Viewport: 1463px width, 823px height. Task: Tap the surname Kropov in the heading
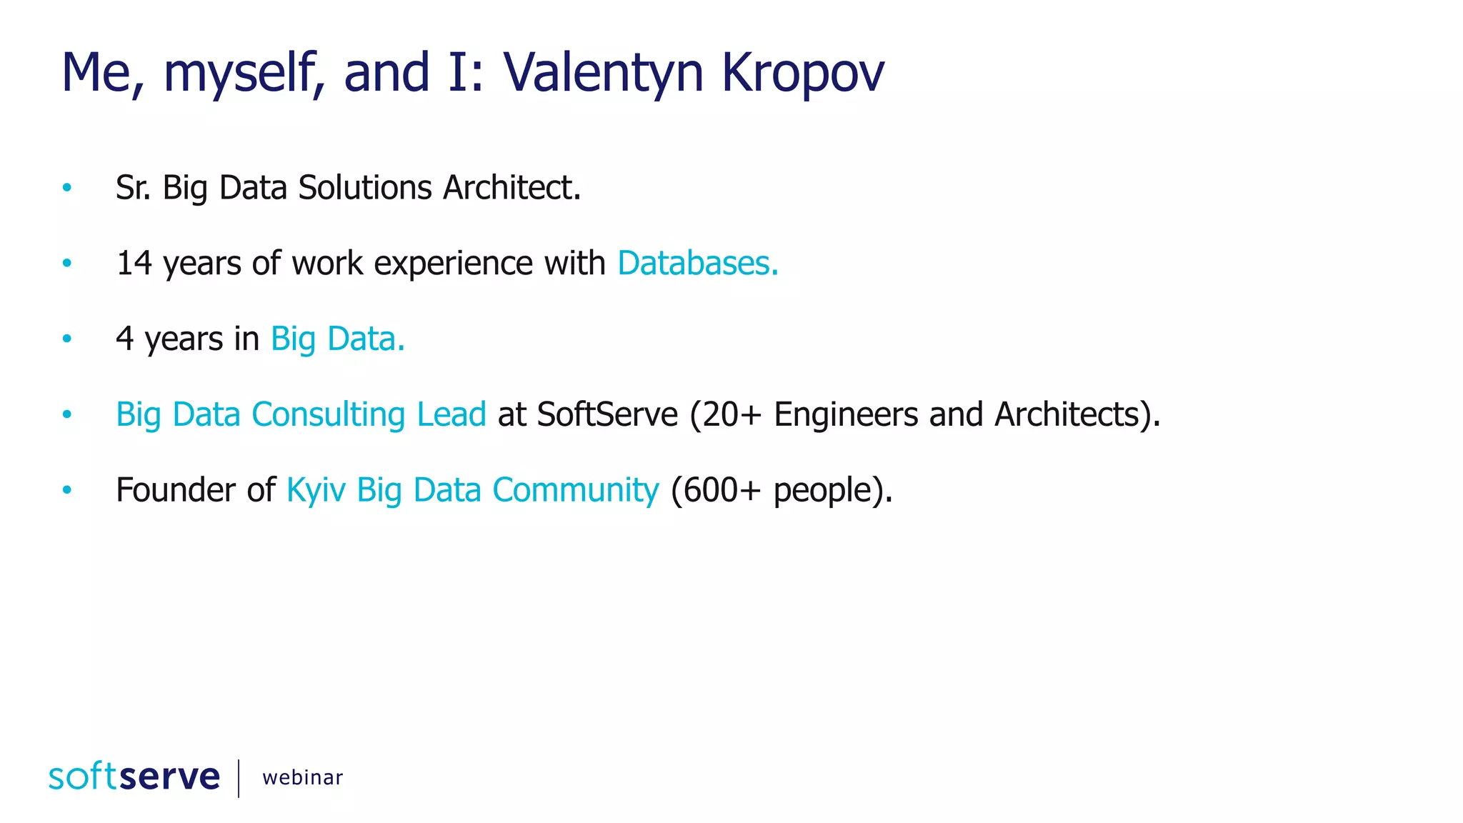pyautogui.click(x=802, y=73)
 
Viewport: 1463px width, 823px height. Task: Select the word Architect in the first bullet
pyautogui.click(x=511, y=188)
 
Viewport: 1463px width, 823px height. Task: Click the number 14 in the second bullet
pyautogui.click(x=134, y=263)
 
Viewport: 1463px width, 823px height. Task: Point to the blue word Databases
pyautogui.click(x=697, y=263)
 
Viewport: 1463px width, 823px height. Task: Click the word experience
pyautogui.click(x=453, y=263)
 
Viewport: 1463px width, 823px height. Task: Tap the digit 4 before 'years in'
pyautogui.click(x=124, y=339)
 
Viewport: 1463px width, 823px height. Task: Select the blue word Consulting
pyautogui.click(x=329, y=414)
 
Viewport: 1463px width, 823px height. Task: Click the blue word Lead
pyautogui.click(x=451, y=414)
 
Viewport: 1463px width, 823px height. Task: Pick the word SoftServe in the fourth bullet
pyautogui.click(x=607, y=414)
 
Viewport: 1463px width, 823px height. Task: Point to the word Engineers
pyautogui.click(x=846, y=414)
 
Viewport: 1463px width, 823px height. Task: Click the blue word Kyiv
pyautogui.click(x=316, y=490)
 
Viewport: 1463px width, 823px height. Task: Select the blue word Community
pyautogui.click(x=576, y=490)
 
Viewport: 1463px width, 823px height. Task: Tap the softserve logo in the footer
pyautogui.click(x=134, y=777)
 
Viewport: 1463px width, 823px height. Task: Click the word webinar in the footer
pyautogui.click(x=303, y=777)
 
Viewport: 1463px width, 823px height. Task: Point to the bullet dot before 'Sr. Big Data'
pyautogui.click(x=67, y=188)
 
